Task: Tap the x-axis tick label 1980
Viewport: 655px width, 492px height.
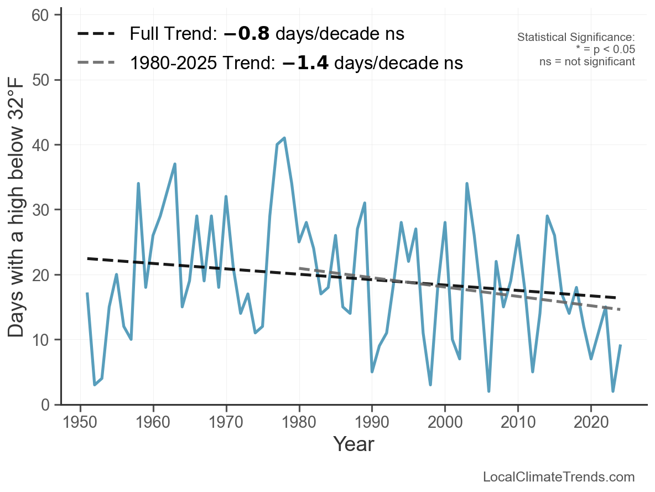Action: point(299,423)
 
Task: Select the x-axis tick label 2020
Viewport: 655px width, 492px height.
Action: point(590,423)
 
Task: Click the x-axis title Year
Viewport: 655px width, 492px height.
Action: point(354,444)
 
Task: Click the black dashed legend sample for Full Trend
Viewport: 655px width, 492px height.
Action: point(96,34)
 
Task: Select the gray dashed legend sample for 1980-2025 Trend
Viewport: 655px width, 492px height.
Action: point(96,63)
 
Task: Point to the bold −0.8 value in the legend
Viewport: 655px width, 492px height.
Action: point(247,34)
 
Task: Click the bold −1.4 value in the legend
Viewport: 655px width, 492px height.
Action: point(305,63)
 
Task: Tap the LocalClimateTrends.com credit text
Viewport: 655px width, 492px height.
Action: point(559,477)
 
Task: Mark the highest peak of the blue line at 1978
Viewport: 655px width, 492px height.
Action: point(284,138)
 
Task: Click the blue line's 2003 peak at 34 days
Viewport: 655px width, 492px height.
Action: point(467,183)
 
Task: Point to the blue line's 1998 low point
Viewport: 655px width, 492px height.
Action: point(430,385)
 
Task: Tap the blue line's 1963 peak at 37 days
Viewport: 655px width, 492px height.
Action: point(175,164)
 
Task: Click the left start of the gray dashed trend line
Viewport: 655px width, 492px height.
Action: point(300,268)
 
